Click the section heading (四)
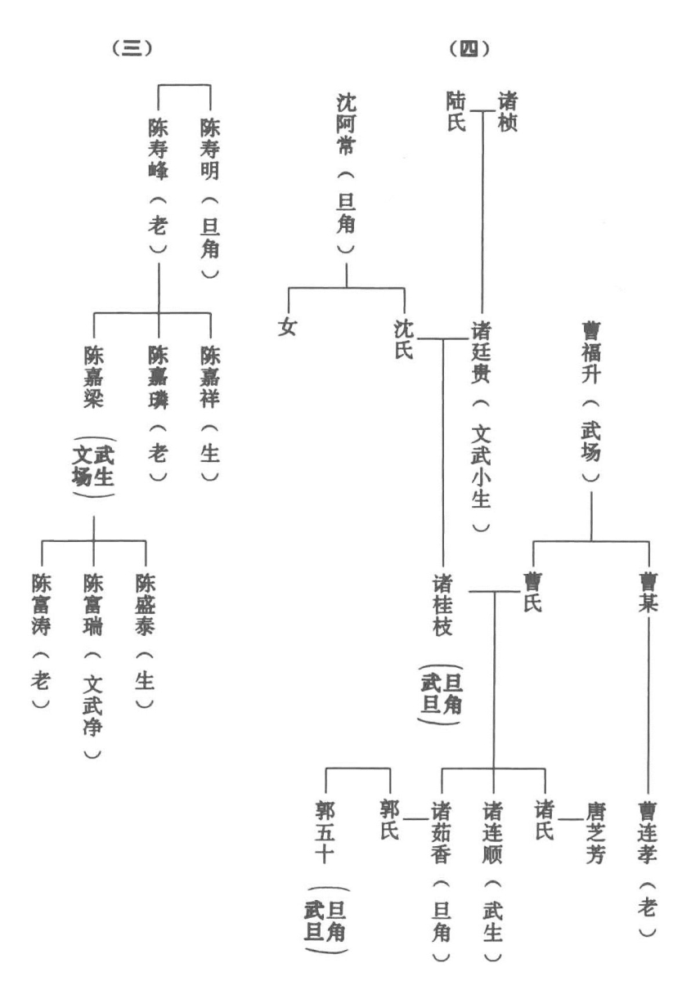[x=469, y=49]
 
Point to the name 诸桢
[x=507, y=112]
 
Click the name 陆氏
[x=456, y=112]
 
